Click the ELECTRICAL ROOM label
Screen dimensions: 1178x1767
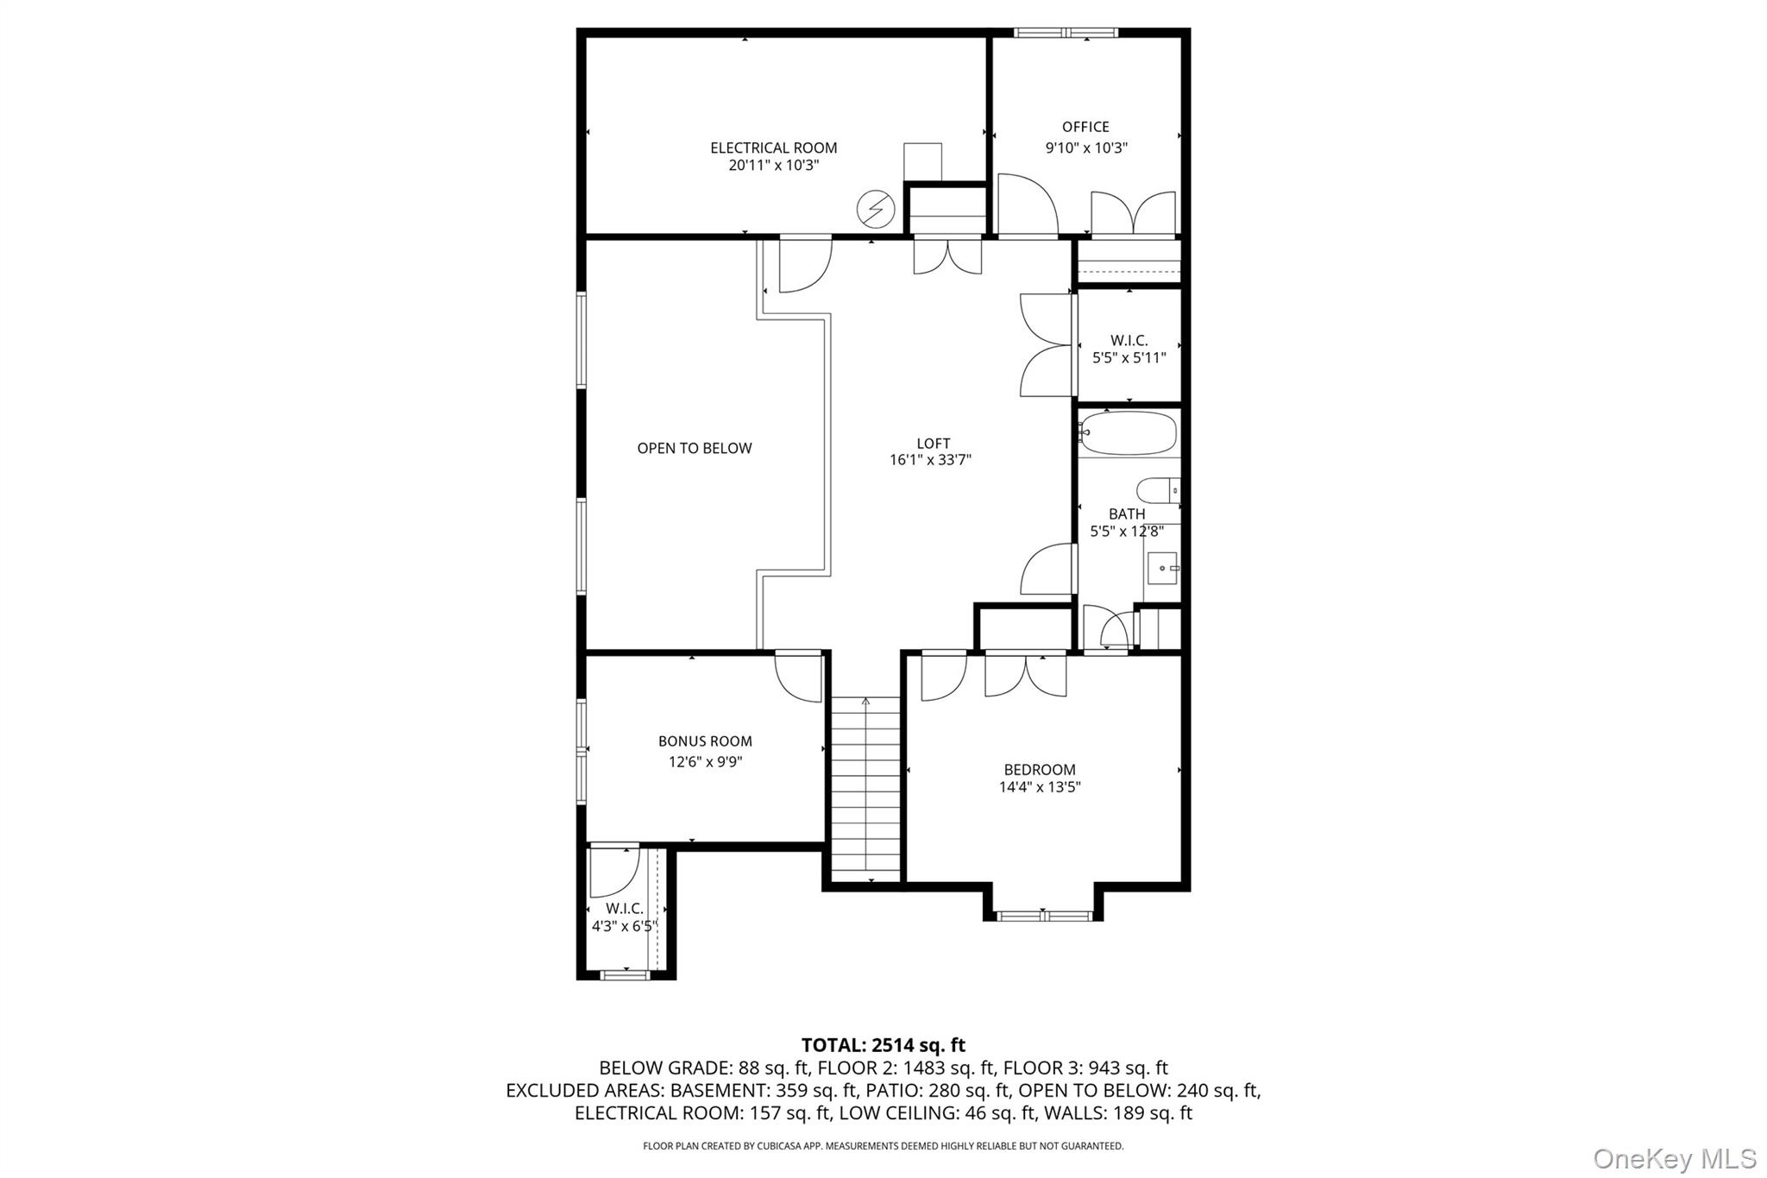tap(773, 148)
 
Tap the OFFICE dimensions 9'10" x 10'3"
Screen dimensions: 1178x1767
tap(1086, 148)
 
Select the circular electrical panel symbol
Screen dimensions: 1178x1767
tap(874, 208)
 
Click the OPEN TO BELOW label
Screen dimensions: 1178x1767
tap(694, 448)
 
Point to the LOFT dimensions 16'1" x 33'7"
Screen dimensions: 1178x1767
tap(930, 460)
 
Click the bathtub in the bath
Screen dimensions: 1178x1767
tap(1129, 432)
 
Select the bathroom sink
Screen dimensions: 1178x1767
tap(1162, 568)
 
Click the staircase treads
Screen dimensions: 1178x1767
tap(865, 790)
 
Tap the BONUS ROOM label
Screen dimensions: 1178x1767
tap(705, 741)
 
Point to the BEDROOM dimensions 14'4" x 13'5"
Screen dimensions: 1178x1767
tap(1040, 787)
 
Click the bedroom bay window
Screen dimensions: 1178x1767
tap(1043, 916)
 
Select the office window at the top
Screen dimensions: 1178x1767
tap(1066, 33)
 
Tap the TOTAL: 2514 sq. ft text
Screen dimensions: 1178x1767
tap(883, 1045)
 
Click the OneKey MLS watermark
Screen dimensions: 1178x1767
tap(1674, 1158)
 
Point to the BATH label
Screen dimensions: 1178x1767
tap(1127, 514)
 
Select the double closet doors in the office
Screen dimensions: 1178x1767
tap(1133, 215)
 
